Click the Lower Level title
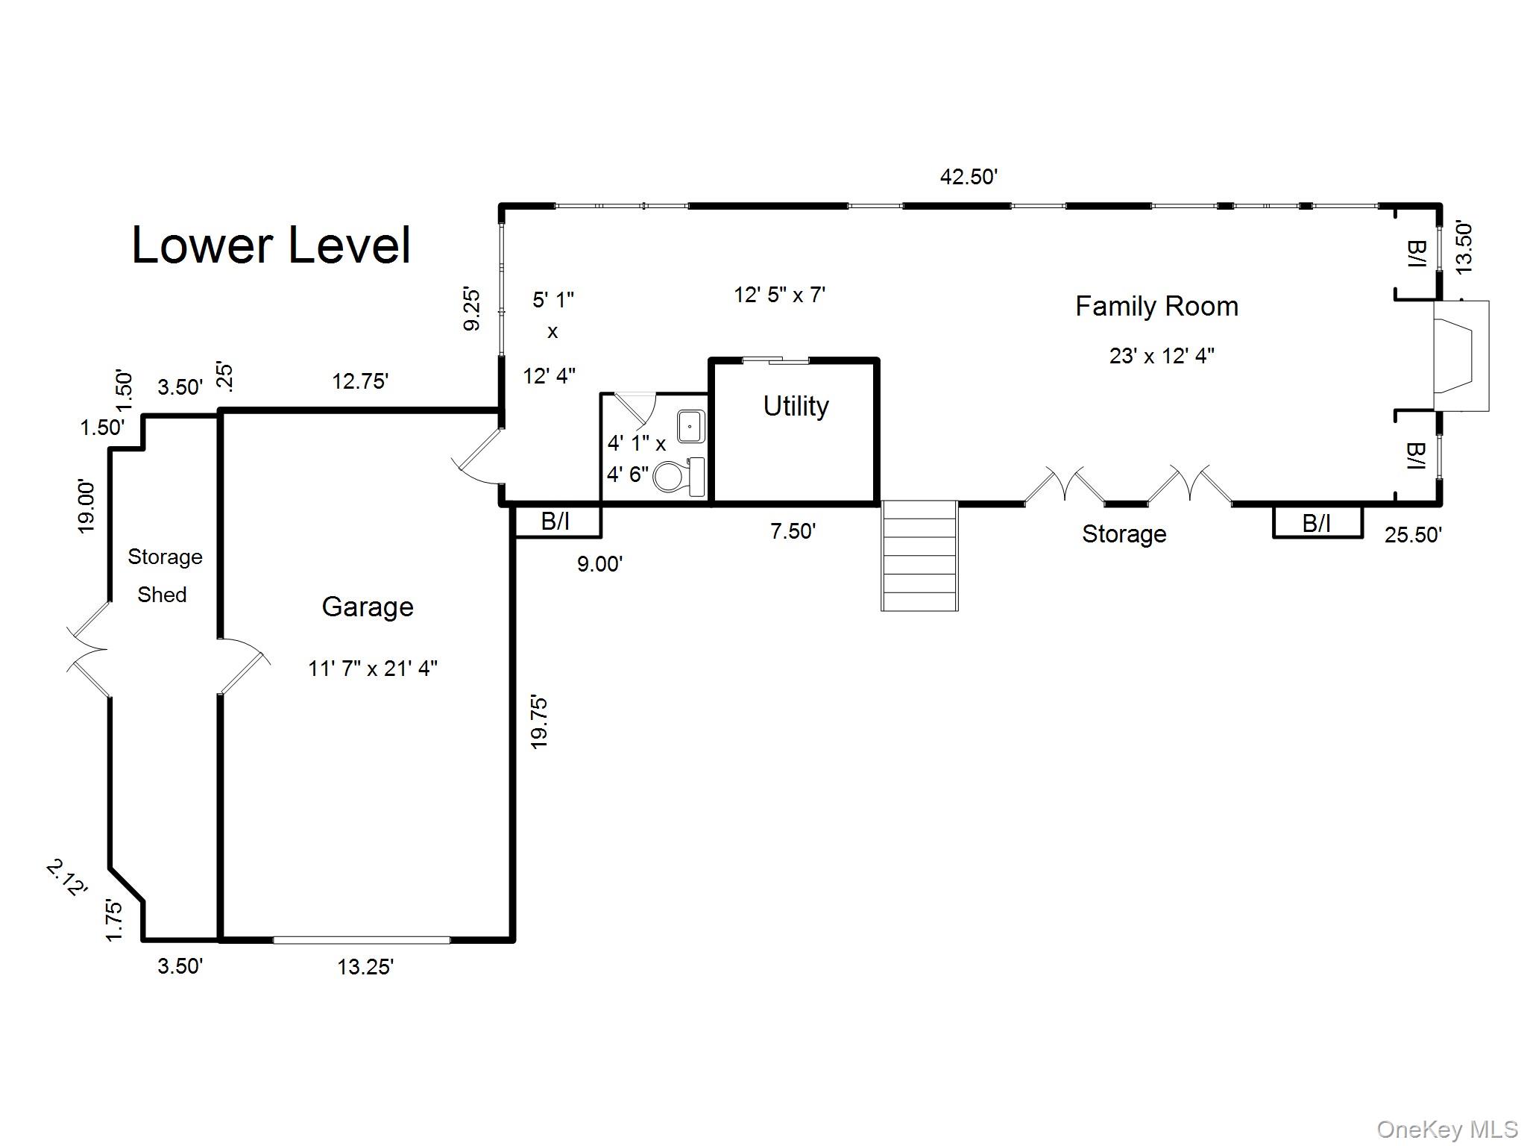click(x=271, y=245)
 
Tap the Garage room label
click(x=368, y=607)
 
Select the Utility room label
click(x=796, y=406)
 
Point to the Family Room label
click(x=1156, y=306)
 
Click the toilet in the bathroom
click(x=677, y=477)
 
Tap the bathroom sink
click(x=690, y=426)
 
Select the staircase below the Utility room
click(x=919, y=556)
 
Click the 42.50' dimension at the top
click(x=969, y=177)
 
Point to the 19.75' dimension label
click(x=539, y=721)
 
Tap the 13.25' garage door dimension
click(x=365, y=967)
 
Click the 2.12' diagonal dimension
click(x=67, y=877)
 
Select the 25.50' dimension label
click(x=1413, y=535)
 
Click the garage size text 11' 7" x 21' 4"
click(x=372, y=668)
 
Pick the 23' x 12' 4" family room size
click(x=1162, y=356)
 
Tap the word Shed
click(x=162, y=595)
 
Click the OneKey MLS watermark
click(x=1447, y=1130)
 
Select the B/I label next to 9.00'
click(x=555, y=522)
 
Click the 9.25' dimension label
click(x=472, y=310)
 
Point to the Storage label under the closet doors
click(x=1124, y=534)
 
